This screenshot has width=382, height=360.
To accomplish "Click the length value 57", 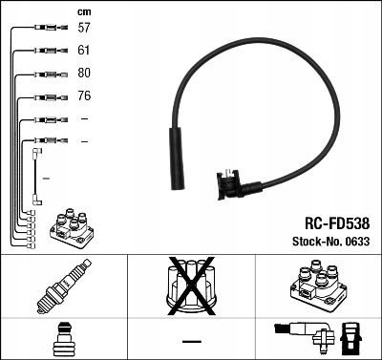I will pyautogui.click(x=84, y=29).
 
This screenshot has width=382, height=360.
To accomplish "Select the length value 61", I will pyautogui.click(x=84, y=51).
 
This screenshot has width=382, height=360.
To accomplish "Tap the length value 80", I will pyautogui.click(x=84, y=74).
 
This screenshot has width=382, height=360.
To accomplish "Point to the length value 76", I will pyautogui.click(x=84, y=96).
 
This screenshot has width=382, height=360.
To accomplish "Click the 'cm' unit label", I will pyautogui.click(x=84, y=11).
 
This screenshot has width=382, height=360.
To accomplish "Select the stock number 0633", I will pyautogui.click(x=357, y=242).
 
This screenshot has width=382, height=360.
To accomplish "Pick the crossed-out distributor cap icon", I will pyautogui.click(x=190, y=286).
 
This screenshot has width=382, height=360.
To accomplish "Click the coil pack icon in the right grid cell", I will pyautogui.click(x=317, y=286).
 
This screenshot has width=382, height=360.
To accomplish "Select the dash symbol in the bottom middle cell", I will pyautogui.click(x=191, y=340).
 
